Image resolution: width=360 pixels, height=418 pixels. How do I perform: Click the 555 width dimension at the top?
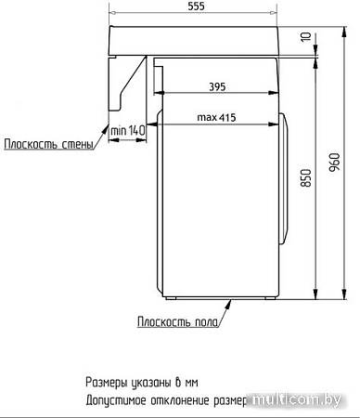tap(195, 7)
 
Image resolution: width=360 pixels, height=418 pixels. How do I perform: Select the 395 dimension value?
tap(216, 86)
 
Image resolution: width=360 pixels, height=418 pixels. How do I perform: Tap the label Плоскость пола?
tap(178, 321)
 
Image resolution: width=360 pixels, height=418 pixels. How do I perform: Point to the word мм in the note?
tap(191, 382)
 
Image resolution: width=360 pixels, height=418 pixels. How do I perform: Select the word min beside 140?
tap(118, 131)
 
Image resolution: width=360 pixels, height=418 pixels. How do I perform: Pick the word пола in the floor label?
tap(204, 321)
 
